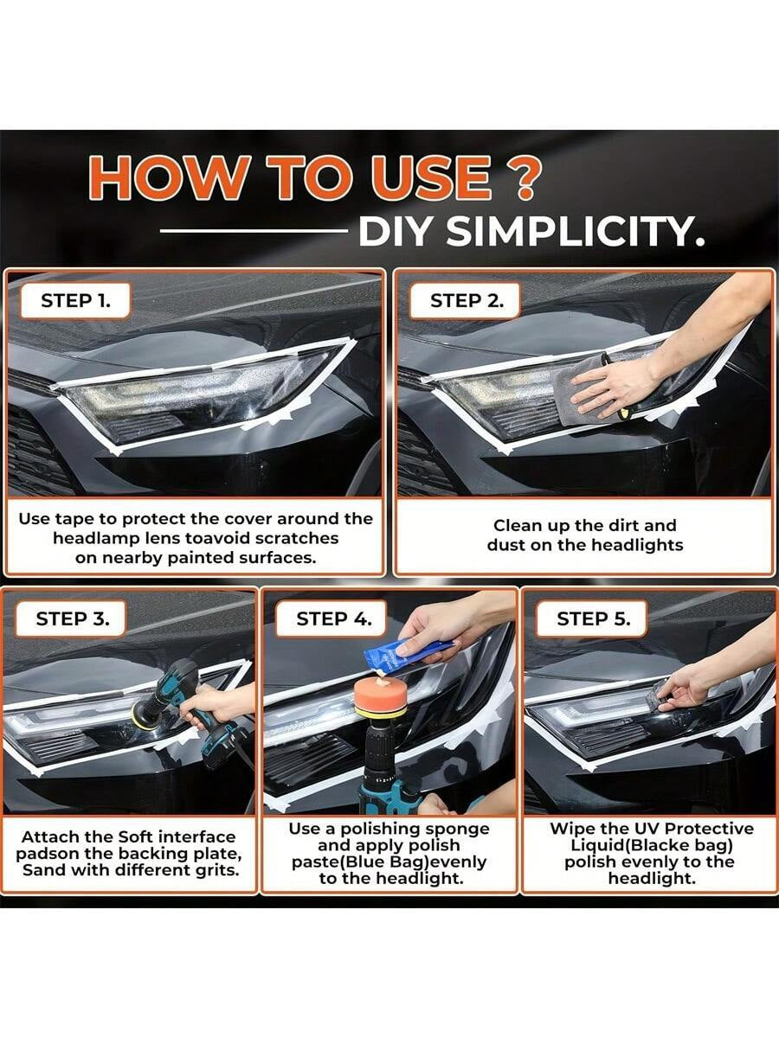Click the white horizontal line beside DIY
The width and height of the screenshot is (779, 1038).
tap(253, 232)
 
